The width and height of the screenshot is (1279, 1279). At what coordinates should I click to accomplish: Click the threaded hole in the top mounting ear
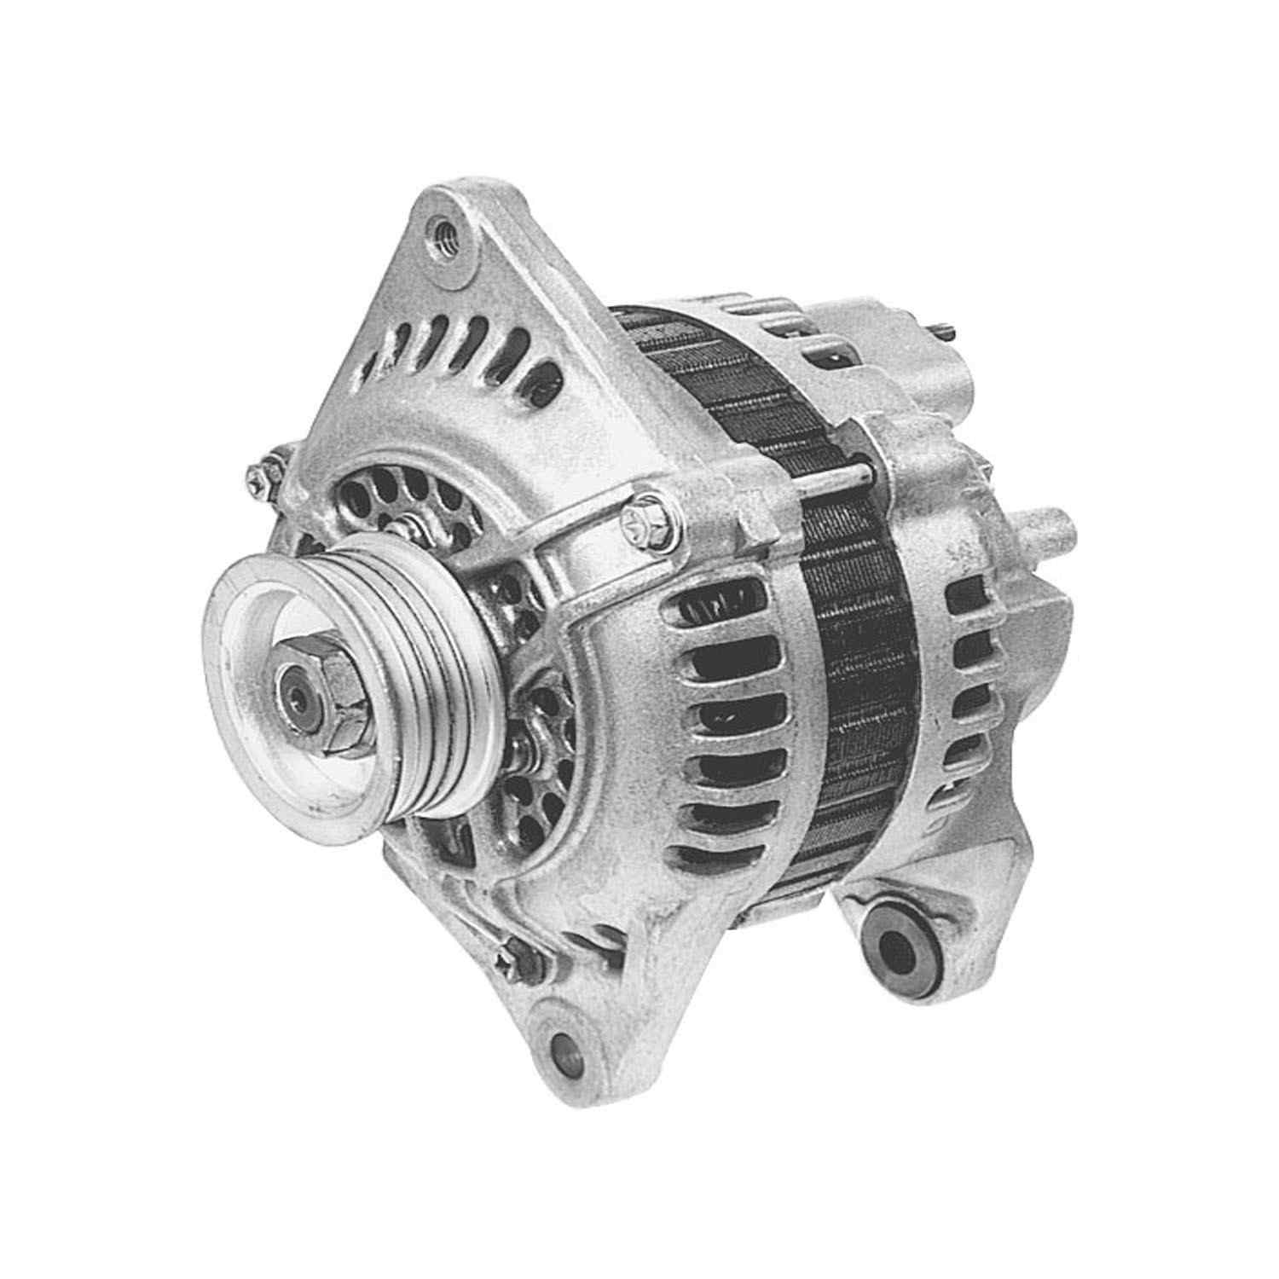click(443, 229)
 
